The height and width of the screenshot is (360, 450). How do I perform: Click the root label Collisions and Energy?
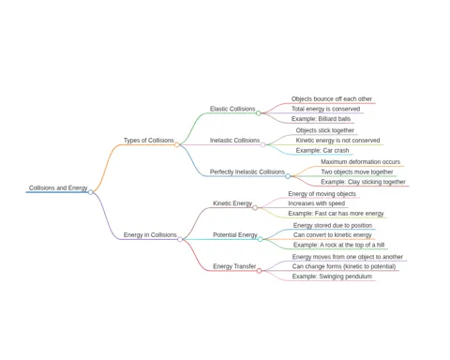tap(58, 187)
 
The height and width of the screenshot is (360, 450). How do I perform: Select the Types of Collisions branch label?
tap(149, 141)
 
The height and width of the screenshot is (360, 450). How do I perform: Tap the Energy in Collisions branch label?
tap(150, 234)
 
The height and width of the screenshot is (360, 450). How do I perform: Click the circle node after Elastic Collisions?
tap(259, 113)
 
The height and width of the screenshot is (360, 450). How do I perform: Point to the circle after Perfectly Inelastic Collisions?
tap(288, 176)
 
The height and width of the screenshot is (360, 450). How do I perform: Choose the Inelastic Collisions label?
tap(234, 141)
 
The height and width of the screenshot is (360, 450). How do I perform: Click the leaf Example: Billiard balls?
tap(321, 119)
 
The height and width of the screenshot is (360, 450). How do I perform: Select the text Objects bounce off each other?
tap(332, 98)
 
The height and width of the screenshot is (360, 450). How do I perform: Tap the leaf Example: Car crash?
tap(322, 150)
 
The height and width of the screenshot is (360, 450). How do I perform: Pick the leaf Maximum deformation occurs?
tap(360, 162)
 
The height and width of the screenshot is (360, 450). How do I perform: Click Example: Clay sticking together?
tap(363, 182)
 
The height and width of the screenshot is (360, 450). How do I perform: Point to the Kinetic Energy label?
tap(232, 203)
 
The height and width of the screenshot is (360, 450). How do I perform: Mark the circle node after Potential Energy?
tap(261, 239)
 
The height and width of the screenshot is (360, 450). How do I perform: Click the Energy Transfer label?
tap(234, 266)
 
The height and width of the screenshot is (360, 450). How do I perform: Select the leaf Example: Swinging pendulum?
tap(332, 277)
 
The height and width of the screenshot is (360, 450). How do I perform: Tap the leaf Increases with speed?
tap(317, 203)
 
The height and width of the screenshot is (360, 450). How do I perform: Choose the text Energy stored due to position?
tap(333, 225)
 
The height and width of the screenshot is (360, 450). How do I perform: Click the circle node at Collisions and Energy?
tap(91, 192)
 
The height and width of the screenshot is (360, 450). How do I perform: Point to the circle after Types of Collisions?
tap(177, 144)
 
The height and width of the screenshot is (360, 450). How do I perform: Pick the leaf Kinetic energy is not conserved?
tap(337, 141)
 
